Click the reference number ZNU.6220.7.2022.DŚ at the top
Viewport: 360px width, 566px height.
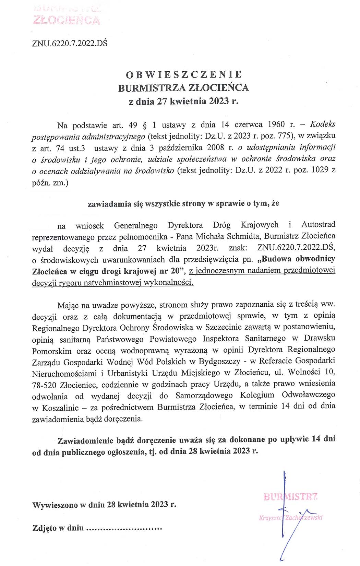[69, 44]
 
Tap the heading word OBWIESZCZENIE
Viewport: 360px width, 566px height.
[184, 74]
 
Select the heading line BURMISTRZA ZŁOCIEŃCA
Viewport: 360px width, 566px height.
[183, 88]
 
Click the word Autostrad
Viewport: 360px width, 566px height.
[318, 225]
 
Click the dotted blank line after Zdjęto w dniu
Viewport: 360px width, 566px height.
[123, 528]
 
